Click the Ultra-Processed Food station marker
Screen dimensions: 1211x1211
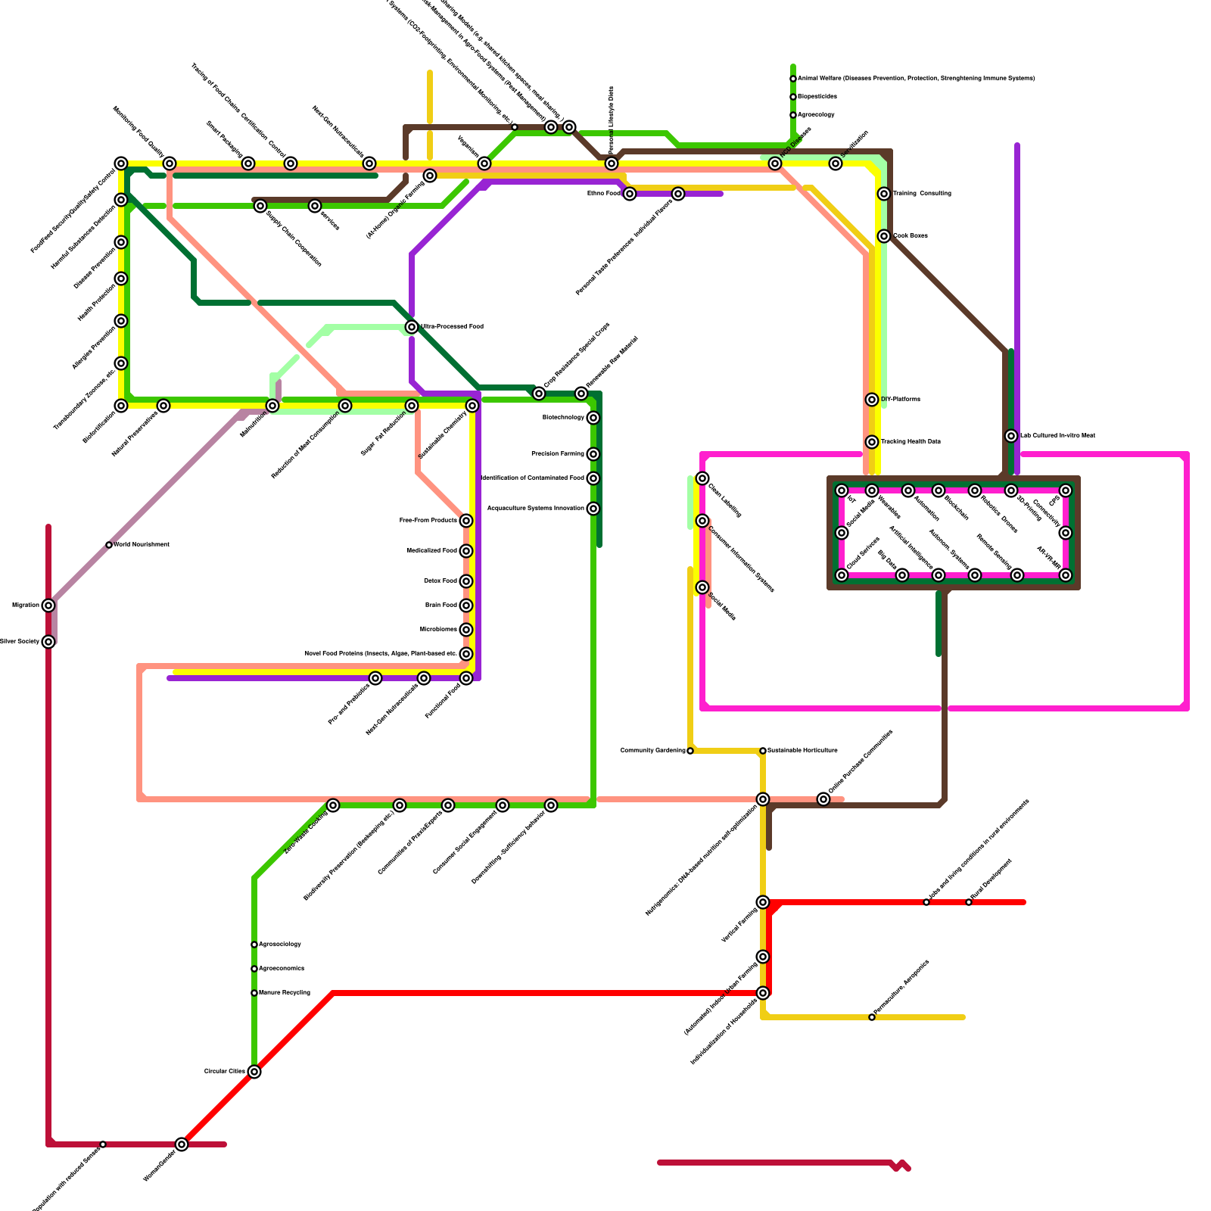tap(412, 327)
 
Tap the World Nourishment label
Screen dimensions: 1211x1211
tap(142, 545)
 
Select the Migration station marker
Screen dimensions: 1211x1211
tap(48, 605)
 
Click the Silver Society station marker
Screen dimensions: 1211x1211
tap(48, 642)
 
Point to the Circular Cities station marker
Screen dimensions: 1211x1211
tap(254, 1072)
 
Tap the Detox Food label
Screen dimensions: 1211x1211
tap(440, 581)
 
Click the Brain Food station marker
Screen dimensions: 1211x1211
tap(466, 605)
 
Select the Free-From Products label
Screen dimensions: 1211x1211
tap(428, 521)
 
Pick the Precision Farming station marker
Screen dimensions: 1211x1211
tap(593, 454)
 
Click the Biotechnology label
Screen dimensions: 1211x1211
tap(563, 418)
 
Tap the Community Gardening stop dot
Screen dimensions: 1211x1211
tap(690, 751)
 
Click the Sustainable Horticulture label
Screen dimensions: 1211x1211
tap(802, 751)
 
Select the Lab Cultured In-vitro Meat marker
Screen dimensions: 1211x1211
tap(1011, 436)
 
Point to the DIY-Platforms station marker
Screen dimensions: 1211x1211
tap(872, 400)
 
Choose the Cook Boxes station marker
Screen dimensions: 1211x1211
tap(884, 236)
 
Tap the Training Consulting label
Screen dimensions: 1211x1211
tap(922, 194)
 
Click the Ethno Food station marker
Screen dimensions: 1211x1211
tap(630, 194)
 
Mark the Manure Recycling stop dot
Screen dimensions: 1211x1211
tap(254, 993)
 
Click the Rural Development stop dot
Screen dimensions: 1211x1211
tap(969, 902)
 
